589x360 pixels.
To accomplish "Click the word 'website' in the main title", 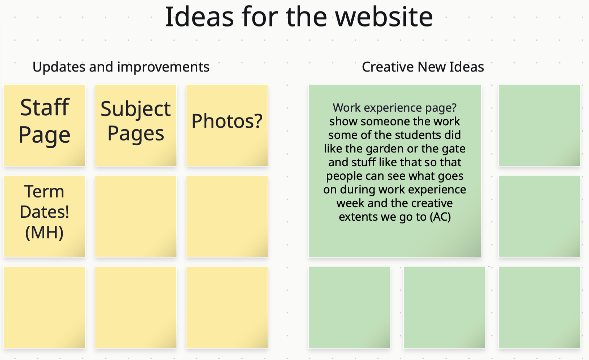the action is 384,17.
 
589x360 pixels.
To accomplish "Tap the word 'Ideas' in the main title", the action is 199,17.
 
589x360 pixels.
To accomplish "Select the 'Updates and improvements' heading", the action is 121,67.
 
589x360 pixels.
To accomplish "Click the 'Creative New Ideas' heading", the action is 423,67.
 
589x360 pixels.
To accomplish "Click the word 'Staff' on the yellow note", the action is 45,107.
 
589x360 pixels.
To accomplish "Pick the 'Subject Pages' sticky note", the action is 136,125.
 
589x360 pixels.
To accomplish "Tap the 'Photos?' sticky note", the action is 227,125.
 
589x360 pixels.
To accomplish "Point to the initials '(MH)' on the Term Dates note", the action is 45,233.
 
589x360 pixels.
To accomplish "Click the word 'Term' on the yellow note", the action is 44,191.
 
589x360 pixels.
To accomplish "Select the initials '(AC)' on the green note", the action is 440,217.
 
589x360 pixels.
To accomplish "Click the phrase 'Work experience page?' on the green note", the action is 395,108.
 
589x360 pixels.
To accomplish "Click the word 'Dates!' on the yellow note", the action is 45,212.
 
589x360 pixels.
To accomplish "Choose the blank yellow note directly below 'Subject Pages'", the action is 136,216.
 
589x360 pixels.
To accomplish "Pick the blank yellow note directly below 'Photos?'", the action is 227,216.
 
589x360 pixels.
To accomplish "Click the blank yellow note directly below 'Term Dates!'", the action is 45,307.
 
